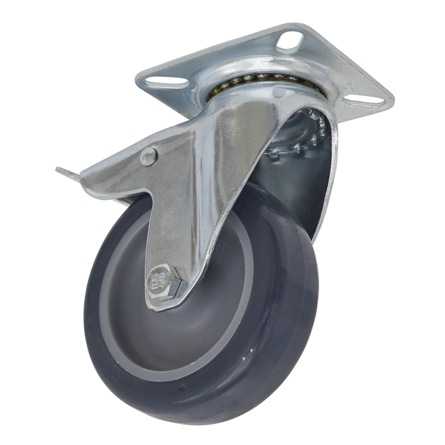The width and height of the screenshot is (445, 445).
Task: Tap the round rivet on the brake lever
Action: click(x=149, y=155)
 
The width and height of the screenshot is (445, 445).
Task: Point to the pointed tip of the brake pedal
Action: click(x=58, y=171)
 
